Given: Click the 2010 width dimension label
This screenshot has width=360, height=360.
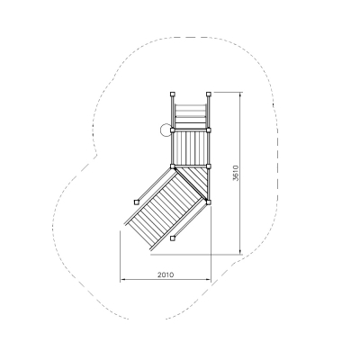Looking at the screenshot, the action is coord(166,274).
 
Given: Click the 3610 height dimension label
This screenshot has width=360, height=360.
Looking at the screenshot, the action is coord(237,173).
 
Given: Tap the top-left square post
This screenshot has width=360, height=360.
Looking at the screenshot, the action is coord(173,94).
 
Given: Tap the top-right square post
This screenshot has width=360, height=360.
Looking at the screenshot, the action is coord(209,94).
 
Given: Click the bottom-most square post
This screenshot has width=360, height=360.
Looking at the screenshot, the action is coord(172,238).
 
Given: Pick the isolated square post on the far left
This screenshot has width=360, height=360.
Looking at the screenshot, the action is coord(136,202).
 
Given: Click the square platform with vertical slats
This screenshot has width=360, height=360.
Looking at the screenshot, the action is coord(191,148).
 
